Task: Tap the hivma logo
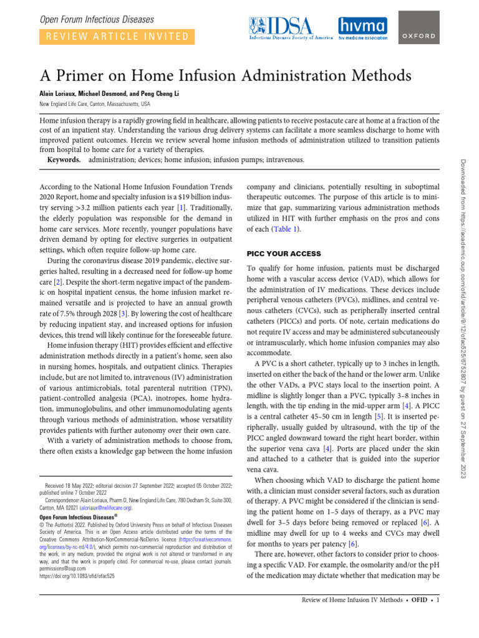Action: coord(362,28)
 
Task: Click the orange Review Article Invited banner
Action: coord(116,37)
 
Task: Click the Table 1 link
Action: coord(284,229)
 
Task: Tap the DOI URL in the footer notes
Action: coord(77,577)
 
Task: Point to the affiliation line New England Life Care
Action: coord(95,103)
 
